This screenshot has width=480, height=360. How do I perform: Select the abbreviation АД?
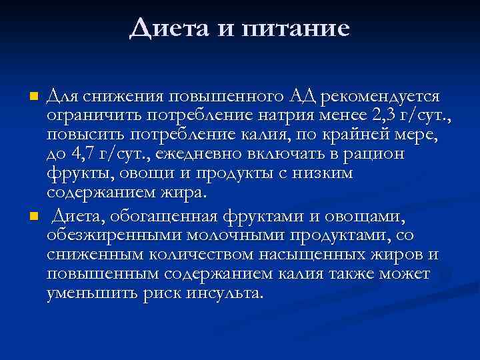click(x=303, y=98)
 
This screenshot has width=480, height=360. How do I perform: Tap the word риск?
click(x=161, y=294)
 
